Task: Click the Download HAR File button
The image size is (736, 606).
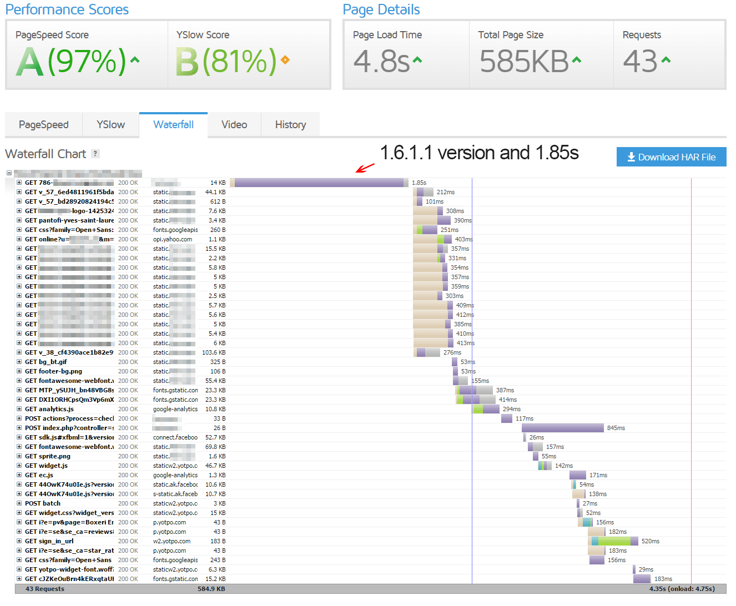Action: click(671, 157)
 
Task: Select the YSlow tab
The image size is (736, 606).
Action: click(110, 125)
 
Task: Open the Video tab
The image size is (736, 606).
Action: click(234, 125)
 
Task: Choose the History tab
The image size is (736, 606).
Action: click(290, 125)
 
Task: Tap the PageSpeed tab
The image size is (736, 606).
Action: click(44, 125)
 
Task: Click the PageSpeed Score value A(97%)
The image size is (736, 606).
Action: click(72, 61)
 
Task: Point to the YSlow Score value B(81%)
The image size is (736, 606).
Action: click(226, 61)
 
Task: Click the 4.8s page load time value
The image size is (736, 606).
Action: click(382, 61)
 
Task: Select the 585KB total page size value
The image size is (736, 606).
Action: click(525, 61)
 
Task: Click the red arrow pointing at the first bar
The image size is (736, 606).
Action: click(365, 168)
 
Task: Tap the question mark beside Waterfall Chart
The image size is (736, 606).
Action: click(95, 154)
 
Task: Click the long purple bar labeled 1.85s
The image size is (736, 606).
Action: click(319, 183)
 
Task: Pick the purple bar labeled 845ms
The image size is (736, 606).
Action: click(562, 428)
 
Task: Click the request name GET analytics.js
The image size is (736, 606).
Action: click(49, 409)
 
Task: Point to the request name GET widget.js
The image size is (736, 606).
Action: click(47, 466)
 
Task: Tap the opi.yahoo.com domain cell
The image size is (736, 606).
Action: click(173, 239)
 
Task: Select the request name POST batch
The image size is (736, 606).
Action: click(43, 503)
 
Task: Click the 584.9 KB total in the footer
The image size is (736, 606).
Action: click(211, 589)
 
